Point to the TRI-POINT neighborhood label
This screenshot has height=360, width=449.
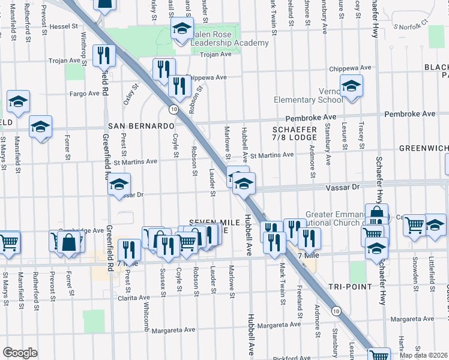click(x=354, y=286)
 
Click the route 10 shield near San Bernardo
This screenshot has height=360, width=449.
click(x=172, y=110)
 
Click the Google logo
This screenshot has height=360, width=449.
click(x=20, y=352)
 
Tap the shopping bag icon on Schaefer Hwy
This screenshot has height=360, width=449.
click(x=376, y=214)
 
